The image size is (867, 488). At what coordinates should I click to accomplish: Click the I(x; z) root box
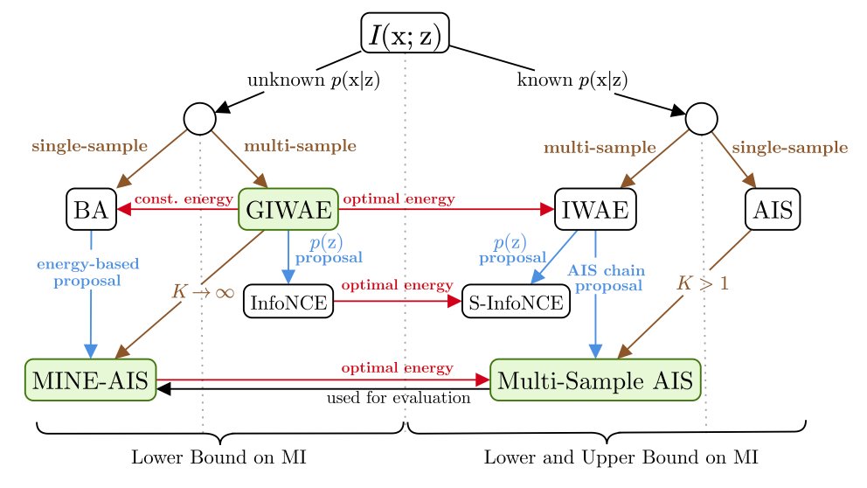coord(405,32)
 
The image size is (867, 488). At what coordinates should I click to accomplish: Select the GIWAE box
coord(288,208)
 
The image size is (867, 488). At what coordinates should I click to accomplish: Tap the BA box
coord(91,208)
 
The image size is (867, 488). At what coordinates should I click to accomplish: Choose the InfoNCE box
coord(288,302)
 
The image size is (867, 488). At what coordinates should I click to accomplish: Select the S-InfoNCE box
coord(515,302)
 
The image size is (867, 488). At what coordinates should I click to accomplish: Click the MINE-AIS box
coord(90,380)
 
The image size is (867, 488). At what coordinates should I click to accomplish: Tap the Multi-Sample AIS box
coord(594,380)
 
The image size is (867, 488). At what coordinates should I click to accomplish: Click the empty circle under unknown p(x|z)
coord(200,119)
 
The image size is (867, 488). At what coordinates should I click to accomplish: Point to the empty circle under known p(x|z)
coord(701,119)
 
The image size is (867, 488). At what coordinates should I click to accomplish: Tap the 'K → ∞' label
coord(200,290)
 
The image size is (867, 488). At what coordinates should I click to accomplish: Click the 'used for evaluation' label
coord(399,399)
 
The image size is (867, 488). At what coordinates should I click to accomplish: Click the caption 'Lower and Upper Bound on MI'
coord(620,457)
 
